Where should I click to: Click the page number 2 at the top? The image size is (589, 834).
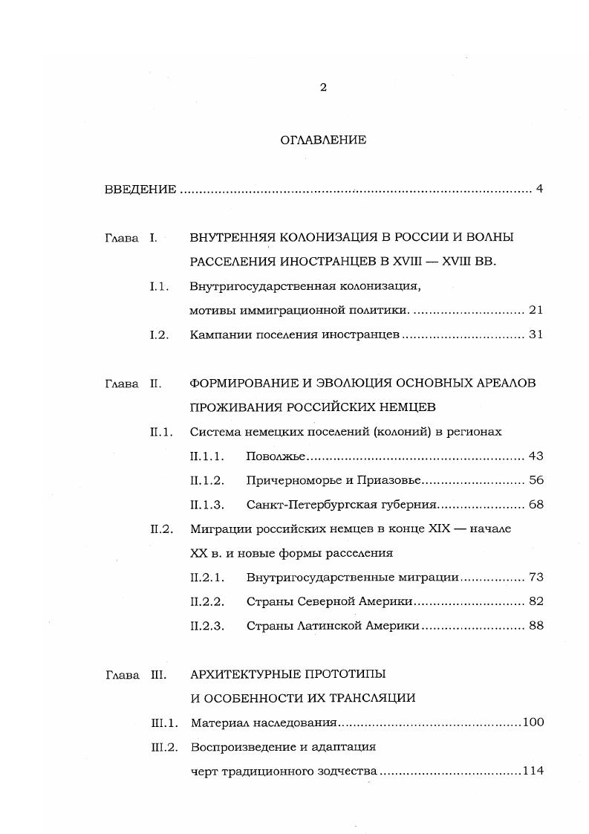pyautogui.click(x=323, y=88)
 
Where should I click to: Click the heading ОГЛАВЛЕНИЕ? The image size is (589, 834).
pyautogui.click(x=323, y=140)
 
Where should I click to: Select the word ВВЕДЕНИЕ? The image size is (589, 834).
pyautogui.click(x=140, y=190)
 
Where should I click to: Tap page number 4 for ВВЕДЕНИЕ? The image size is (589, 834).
pyautogui.click(x=539, y=189)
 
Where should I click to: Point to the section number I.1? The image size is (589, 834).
pyautogui.click(x=160, y=286)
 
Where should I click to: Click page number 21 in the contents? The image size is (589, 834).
pyautogui.click(x=536, y=310)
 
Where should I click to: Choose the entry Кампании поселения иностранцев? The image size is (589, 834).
pyautogui.click(x=295, y=334)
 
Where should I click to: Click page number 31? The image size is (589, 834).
pyautogui.click(x=536, y=334)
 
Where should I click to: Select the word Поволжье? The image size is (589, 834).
pyautogui.click(x=276, y=456)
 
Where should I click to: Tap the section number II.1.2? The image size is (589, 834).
pyautogui.click(x=207, y=480)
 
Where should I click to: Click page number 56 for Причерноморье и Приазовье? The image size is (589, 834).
pyautogui.click(x=536, y=480)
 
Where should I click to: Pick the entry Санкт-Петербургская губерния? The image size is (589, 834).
pyautogui.click(x=341, y=505)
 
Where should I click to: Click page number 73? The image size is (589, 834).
pyautogui.click(x=536, y=577)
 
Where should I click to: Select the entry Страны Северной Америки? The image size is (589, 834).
pyautogui.click(x=329, y=601)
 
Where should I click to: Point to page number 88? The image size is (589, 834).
pyautogui.click(x=536, y=626)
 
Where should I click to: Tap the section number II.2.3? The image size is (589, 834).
pyautogui.click(x=207, y=626)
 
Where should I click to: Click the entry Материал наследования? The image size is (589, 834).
pyautogui.click(x=264, y=723)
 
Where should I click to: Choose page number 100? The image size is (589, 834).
pyautogui.click(x=533, y=723)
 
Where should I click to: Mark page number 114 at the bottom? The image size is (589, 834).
pyautogui.click(x=533, y=771)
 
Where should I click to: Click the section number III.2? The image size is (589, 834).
pyautogui.click(x=164, y=747)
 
